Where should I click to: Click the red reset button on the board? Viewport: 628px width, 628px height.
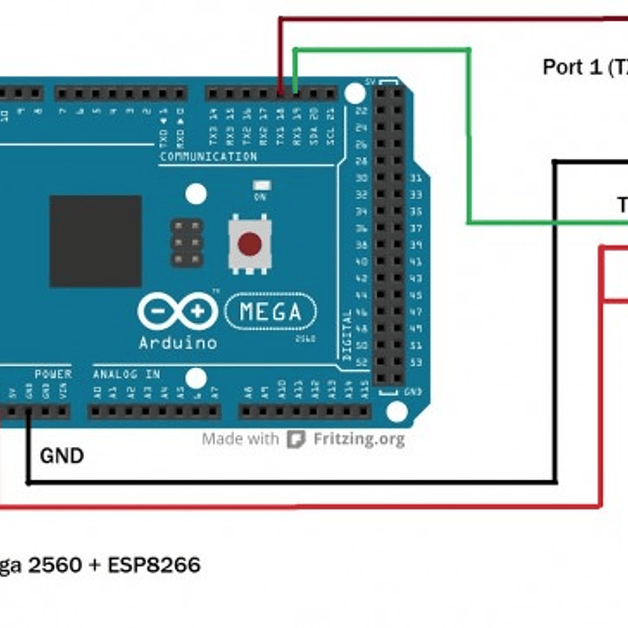coord(250,244)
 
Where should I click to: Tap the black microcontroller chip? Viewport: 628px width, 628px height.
coord(95,241)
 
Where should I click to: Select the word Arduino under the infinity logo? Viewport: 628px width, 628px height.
coord(177,342)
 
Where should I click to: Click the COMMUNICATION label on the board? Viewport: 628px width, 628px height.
coord(208,157)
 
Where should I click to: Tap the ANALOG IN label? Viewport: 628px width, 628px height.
coord(127,375)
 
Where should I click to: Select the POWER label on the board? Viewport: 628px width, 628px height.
coord(53,375)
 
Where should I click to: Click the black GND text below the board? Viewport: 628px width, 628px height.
coord(62,455)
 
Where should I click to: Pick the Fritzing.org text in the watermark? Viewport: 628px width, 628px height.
coord(358,438)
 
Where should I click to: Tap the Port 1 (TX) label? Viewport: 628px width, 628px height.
coord(584,67)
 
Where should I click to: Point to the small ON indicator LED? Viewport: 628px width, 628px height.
coord(259,186)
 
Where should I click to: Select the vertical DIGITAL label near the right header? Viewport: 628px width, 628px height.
coord(347,335)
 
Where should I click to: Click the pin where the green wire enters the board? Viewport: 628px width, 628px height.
coord(295,91)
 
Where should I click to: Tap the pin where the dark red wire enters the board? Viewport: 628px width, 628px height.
coord(279,91)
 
